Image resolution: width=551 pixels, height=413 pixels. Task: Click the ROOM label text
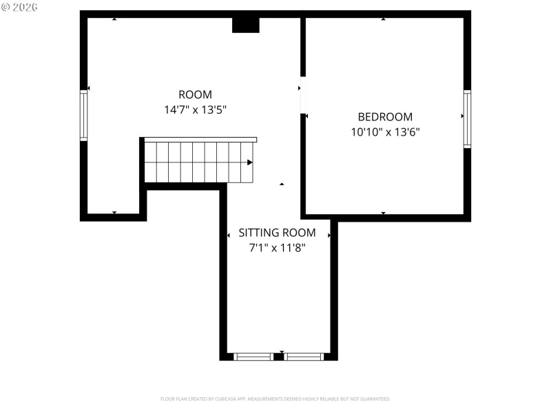[195, 95]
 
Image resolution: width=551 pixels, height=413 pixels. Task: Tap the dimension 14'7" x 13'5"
[195, 109]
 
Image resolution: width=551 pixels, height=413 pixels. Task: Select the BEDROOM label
[385, 117]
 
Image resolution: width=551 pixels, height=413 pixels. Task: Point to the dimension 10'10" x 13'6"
[385, 131]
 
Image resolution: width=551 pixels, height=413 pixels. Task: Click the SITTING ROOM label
[277, 233]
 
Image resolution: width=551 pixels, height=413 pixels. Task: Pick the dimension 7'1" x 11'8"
[277, 248]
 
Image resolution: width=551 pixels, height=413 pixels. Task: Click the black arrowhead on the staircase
[250, 162]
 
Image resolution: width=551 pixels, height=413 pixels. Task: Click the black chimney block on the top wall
[245, 25]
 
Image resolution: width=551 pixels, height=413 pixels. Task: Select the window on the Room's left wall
[84, 116]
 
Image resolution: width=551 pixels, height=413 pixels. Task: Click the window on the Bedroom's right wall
[467, 119]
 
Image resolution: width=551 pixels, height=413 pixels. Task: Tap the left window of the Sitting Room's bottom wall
[253, 357]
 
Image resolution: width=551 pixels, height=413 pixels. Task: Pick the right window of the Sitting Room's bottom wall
[304, 357]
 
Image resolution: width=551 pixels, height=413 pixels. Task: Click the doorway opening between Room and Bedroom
[302, 94]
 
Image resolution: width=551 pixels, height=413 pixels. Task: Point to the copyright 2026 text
[20, 7]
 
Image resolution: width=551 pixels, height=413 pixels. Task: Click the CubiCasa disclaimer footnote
[275, 399]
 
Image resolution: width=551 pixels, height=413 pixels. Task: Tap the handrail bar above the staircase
[200, 140]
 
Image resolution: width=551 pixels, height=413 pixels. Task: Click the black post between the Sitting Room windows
[279, 357]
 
